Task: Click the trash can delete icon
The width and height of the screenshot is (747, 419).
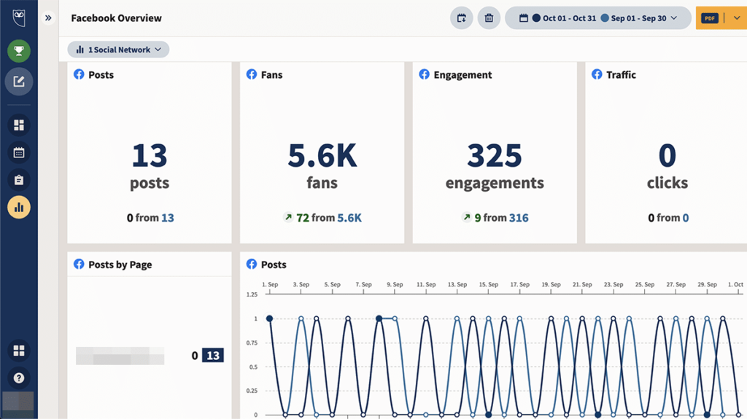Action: point(489,18)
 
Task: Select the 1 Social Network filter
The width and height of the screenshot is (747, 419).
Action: point(119,50)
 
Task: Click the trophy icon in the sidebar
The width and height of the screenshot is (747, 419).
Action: point(19,51)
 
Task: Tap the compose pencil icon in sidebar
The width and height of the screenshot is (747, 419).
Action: point(19,82)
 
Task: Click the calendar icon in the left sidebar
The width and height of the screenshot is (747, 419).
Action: point(19,152)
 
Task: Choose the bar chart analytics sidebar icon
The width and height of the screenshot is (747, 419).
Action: point(19,208)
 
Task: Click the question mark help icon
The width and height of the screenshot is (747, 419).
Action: point(19,378)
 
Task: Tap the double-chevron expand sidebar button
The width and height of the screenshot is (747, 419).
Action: point(48,18)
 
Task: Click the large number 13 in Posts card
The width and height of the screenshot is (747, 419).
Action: point(149,156)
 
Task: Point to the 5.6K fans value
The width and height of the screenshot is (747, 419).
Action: point(322,156)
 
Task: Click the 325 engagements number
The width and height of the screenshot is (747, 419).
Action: point(495,156)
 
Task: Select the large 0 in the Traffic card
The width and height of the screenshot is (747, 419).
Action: point(667,156)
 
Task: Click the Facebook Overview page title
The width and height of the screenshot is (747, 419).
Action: point(117,18)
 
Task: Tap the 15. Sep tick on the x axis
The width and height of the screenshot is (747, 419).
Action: point(488,285)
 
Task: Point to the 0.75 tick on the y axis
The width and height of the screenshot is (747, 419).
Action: point(252,342)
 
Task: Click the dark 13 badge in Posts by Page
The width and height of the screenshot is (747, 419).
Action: point(213,356)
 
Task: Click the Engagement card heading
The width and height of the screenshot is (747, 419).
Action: point(462,74)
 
